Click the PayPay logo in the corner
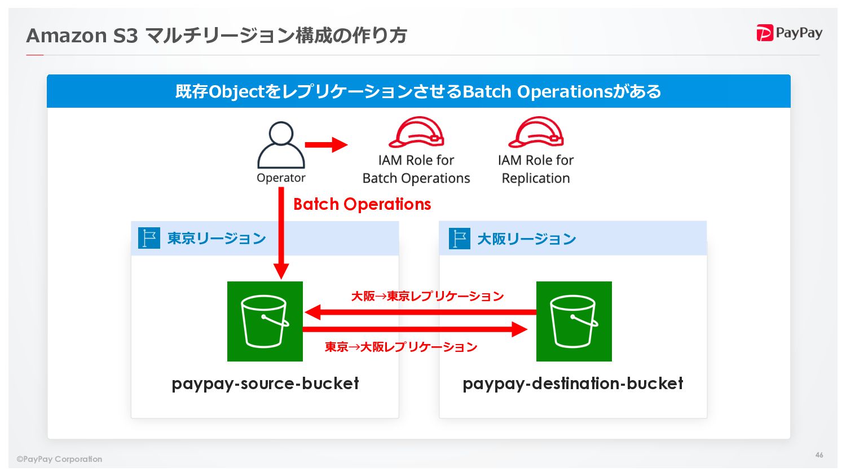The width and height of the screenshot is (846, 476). tap(789, 33)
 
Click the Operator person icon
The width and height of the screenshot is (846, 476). tap(281, 145)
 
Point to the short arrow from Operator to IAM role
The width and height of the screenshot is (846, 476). tap(325, 145)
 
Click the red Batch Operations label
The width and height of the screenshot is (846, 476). tap(362, 204)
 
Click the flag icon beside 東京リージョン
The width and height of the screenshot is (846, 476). tap(149, 238)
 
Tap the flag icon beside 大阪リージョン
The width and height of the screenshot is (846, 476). tap(460, 239)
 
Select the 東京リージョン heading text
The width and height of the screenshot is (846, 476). tap(217, 239)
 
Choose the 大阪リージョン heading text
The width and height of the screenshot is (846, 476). tap(527, 239)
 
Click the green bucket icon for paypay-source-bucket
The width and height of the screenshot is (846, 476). tap(265, 321)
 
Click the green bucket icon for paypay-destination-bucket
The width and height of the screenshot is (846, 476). tap(574, 321)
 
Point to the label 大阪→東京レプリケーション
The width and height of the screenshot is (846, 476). tap(428, 296)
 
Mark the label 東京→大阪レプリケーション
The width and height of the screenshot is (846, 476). tap(401, 347)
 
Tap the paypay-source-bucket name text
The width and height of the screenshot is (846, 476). tap(265, 384)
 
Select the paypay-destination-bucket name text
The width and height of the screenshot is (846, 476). tap(573, 384)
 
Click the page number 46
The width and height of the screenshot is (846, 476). tap(819, 455)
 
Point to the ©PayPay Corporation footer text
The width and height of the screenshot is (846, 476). tap(59, 459)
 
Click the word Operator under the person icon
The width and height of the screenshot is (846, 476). tap(281, 178)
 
